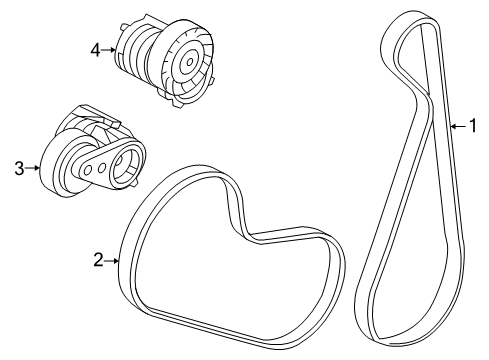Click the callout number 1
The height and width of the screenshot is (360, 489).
(x=473, y=126)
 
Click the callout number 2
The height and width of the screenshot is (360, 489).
(x=98, y=260)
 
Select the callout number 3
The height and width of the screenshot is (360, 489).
(x=19, y=169)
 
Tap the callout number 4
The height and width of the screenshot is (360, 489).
(x=95, y=50)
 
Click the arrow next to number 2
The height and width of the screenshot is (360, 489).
(x=113, y=260)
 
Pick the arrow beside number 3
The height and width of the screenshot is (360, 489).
(x=34, y=169)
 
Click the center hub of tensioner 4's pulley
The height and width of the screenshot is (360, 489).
(x=188, y=62)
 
